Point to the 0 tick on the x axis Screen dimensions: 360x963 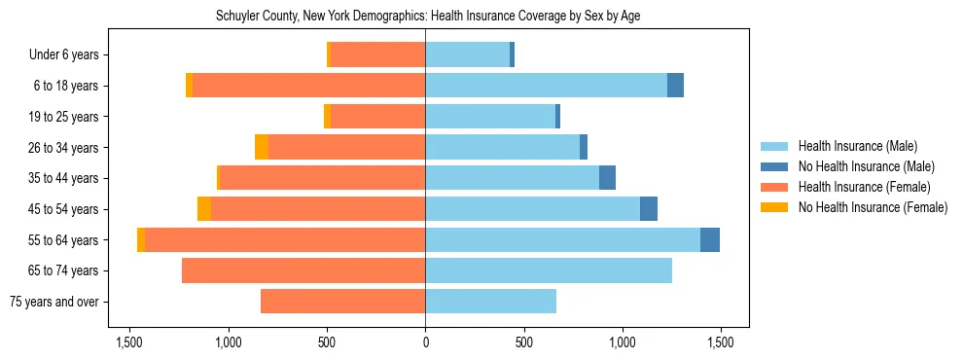[x=425, y=342]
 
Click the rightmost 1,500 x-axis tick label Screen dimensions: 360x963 [x=720, y=342]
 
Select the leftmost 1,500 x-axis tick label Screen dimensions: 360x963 [x=129, y=342]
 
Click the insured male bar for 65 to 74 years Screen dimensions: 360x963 [x=548, y=270]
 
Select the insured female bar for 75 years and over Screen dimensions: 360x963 [x=342, y=302]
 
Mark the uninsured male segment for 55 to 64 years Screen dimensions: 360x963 [x=710, y=239]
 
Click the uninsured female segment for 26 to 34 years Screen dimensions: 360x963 [x=262, y=147]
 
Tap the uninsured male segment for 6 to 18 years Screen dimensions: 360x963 [x=675, y=86]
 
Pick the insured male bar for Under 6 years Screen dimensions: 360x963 [x=467, y=55]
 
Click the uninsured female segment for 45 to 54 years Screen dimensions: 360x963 [x=204, y=209]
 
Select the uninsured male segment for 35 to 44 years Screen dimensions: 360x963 [x=607, y=178]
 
